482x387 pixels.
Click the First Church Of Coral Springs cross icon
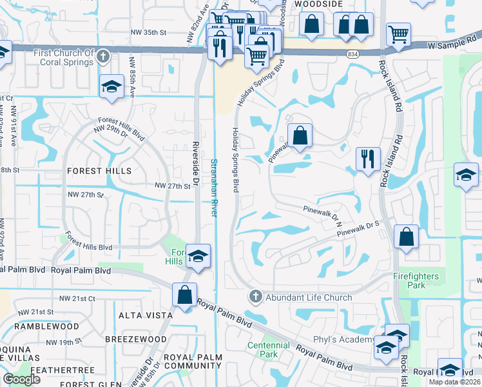(102, 58)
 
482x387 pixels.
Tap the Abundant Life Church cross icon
(255, 297)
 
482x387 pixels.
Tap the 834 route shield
(352, 54)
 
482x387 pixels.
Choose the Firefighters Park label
(416, 281)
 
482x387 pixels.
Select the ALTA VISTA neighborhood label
(145, 315)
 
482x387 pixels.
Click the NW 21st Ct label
(77, 299)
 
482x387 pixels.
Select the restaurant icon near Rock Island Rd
(367, 159)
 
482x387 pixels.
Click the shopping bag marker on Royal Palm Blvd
(185, 295)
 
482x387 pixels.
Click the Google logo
(22, 379)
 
